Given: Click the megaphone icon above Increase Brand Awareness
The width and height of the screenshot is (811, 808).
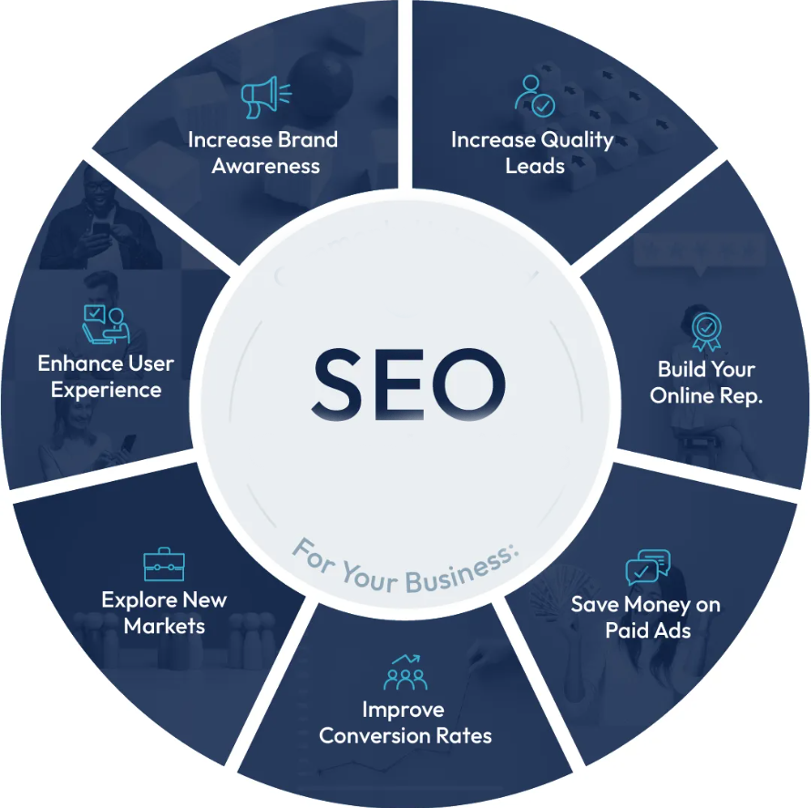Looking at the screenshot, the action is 266,97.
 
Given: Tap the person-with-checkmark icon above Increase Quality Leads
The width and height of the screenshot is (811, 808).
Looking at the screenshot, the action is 534,96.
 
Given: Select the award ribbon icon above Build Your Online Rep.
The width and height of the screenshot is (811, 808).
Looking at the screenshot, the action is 706,332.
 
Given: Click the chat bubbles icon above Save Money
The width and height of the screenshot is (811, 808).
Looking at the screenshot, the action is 648,568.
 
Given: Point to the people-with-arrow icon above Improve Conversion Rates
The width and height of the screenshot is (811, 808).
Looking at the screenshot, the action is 405,672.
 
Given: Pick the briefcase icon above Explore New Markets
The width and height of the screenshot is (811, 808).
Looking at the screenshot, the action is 164,565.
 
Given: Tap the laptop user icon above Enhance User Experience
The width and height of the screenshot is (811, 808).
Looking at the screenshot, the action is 106,324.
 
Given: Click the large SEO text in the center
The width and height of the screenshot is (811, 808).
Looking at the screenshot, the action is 408,384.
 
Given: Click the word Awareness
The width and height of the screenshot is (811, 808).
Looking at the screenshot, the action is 266,166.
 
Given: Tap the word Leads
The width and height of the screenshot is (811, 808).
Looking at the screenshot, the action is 535,166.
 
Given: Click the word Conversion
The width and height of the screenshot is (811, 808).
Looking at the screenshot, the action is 374,736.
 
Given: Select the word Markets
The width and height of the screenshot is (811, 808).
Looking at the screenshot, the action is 164,626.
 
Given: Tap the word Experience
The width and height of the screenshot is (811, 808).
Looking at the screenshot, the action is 106,390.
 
